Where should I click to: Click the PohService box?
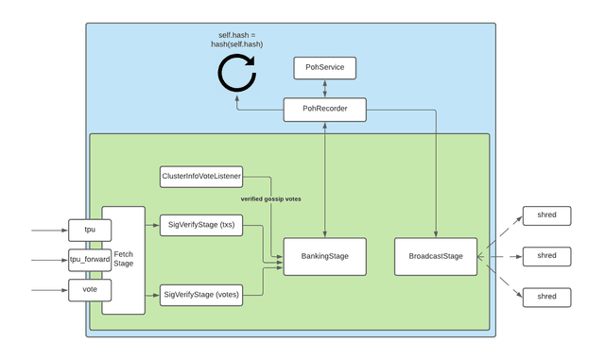pos(324,68)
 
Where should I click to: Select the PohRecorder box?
pos(324,110)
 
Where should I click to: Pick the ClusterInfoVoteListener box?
pos(201,175)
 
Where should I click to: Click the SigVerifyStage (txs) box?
pos(200,226)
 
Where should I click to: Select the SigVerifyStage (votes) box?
pos(200,295)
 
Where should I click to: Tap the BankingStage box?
pos(325,256)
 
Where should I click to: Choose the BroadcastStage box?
pos(435,256)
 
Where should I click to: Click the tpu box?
pos(90,230)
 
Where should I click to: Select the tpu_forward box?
pos(90,259)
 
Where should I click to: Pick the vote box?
pos(90,290)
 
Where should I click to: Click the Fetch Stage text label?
pos(124,260)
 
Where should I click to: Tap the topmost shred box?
pos(546,215)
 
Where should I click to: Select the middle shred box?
pos(546,255)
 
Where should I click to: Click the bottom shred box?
pos(546,296)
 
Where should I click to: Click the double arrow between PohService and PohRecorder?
pos(324,89)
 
